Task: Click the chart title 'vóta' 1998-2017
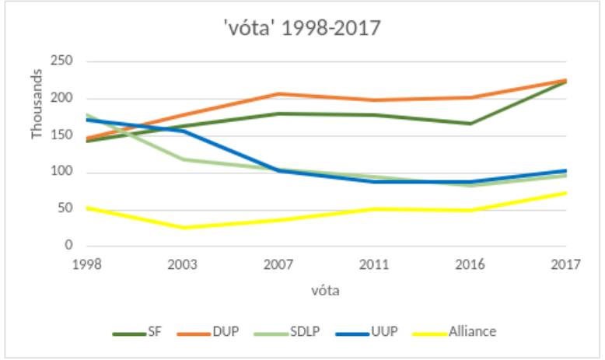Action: pos(302,28)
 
